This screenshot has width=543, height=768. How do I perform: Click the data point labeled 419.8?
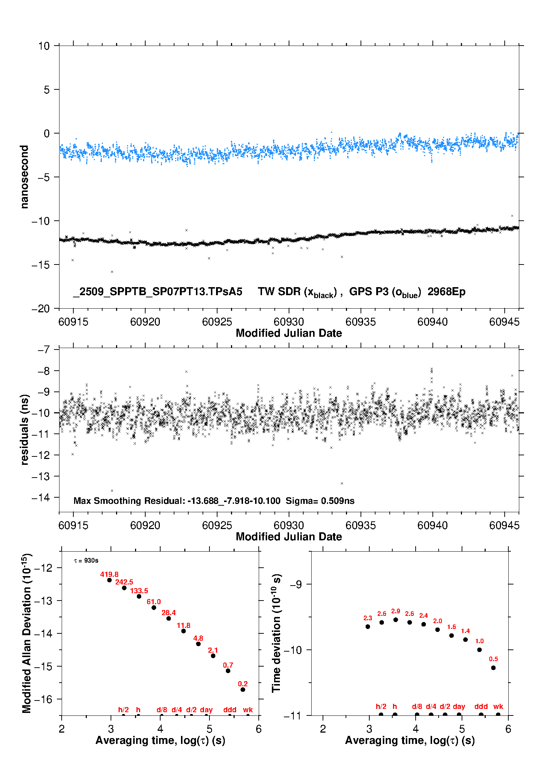(109, 580)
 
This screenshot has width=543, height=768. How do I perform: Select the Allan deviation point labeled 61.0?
(154, 607)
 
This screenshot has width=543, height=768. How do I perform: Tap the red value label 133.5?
(139, 591)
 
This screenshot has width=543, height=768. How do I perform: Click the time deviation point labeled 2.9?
(396, 620)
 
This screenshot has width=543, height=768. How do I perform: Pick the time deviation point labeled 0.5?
(493, 668)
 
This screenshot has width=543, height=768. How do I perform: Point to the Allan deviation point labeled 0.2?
(243, 690)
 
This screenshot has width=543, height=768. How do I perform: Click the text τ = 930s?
(86, 560)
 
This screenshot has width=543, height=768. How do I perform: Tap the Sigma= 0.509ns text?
(320, 501)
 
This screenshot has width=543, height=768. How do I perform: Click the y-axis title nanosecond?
(24, 177)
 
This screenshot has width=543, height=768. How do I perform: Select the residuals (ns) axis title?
(24, 429)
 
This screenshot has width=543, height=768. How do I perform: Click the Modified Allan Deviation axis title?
(27, 633)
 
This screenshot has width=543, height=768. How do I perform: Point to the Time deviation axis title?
(276, 633)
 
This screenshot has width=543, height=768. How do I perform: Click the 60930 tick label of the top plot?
(289, 322)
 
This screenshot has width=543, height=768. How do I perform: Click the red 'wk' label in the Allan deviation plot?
(248, 710)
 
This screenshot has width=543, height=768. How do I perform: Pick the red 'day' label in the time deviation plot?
(459, 706)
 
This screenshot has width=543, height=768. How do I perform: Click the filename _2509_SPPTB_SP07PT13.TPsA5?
(158, 292)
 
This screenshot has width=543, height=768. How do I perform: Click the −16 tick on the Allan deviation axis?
(43, 699)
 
